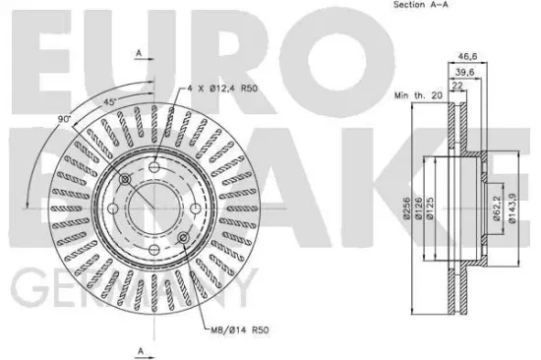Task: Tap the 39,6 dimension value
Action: click(x=464, y=71)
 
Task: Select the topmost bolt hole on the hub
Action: click(x=155, y=170)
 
